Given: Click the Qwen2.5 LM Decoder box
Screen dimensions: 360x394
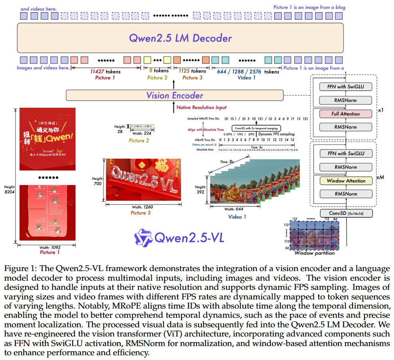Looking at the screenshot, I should click(x=180, y=38).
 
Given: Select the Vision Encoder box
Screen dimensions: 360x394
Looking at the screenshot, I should click(x=175, y=95).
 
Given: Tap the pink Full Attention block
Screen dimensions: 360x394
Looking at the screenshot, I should click(x=346, y=114).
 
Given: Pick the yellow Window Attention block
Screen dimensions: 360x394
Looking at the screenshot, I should click(x=346, y=181).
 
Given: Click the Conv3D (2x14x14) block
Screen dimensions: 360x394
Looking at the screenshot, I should click(x=346, y=214).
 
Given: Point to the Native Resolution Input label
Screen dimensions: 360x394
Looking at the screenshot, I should click(x=202, y=107).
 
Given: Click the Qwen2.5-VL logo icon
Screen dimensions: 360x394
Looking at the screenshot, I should click(x=143, y=238).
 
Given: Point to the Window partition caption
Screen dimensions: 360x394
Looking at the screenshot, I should click(x=315, y=253).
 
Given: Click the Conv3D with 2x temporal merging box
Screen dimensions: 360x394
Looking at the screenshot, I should click(x=256, y=128).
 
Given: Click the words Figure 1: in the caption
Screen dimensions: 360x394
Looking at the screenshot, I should click(x=18, y=268).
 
